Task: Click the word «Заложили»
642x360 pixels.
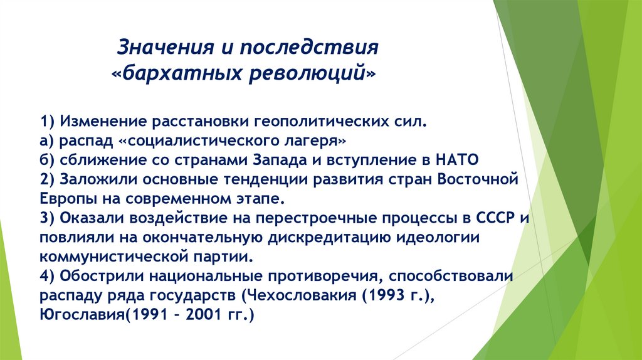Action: point(98,179)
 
